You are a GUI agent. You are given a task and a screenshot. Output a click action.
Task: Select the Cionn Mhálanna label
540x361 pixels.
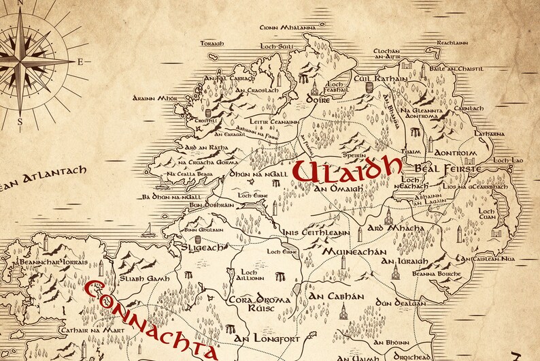click(x=288, y=28)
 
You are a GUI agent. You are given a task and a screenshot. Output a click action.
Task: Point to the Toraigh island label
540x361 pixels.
click(x=213, y=44)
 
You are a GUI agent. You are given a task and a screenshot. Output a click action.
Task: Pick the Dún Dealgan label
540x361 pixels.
click(x=402, y=302)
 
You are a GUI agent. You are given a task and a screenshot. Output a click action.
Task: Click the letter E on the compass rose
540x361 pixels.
click(x=80, y=62)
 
